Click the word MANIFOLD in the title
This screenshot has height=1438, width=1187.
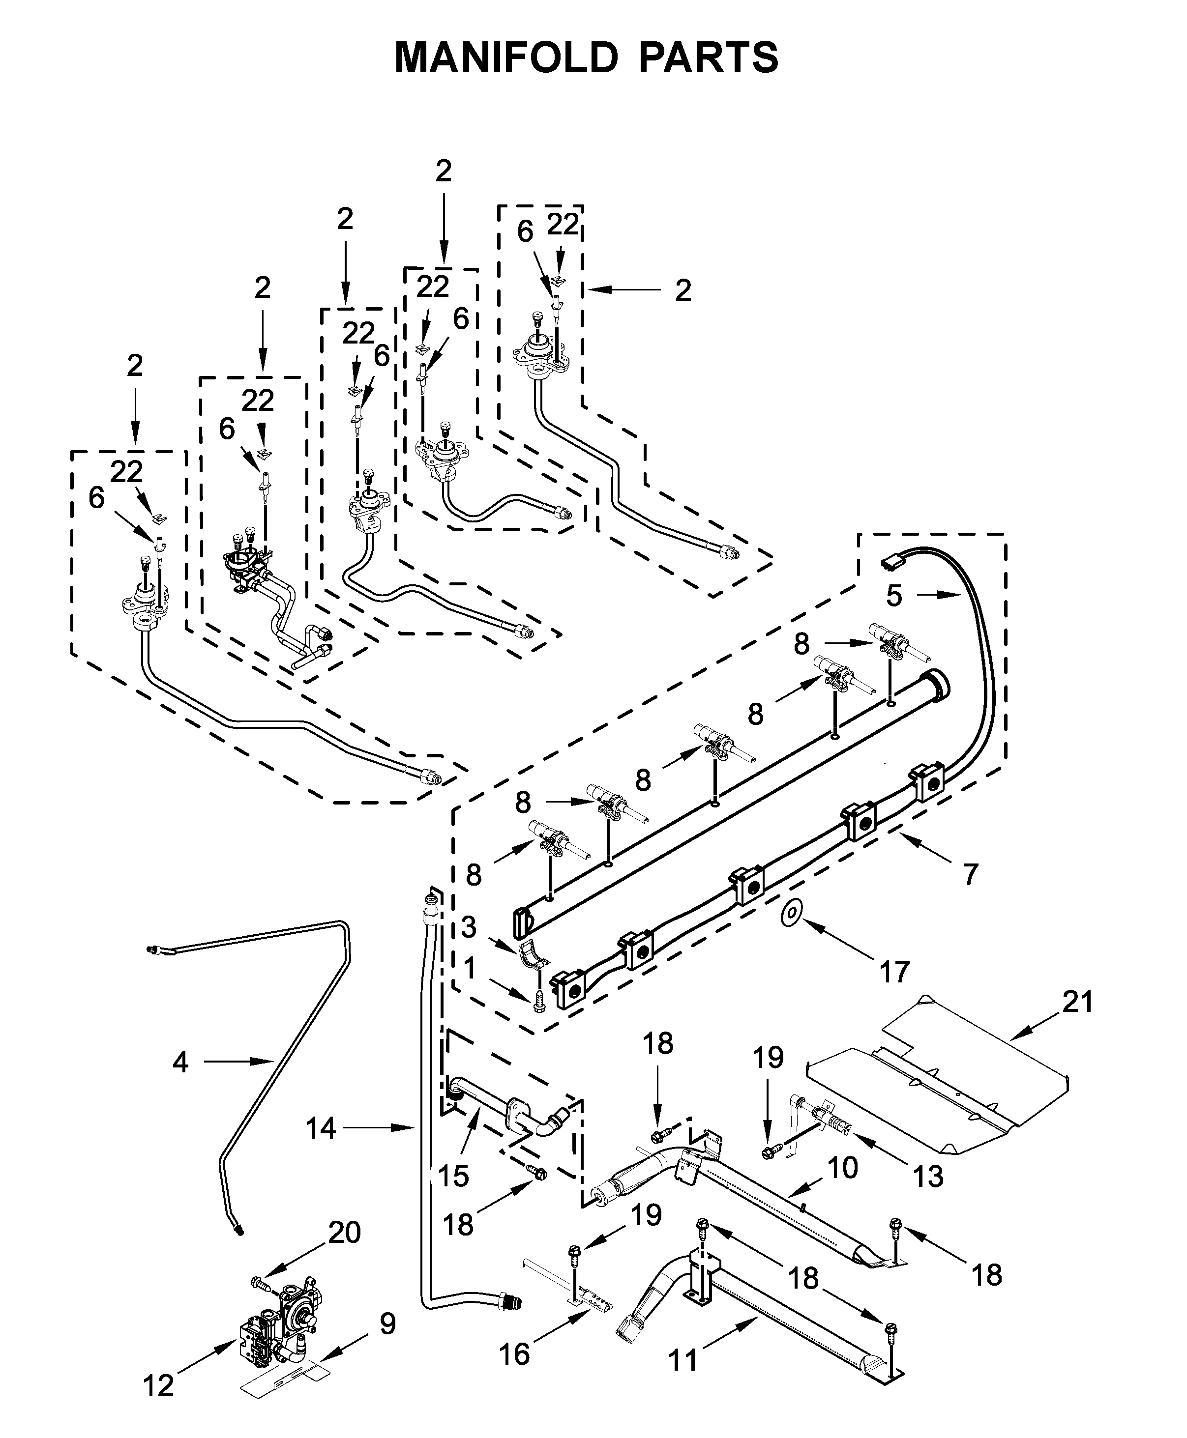pyautogui.click(x=506, y=58)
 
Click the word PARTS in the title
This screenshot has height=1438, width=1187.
pyautogui.click(x=709, y=58)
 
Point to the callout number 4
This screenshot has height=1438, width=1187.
pyautogui.click(x=180, y=1062)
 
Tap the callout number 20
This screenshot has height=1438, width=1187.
pyautogui.click(x=344, y=1232)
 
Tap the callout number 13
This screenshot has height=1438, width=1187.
pyautogui.click(x=928, y=1176)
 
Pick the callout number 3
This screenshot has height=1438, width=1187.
pyautogui.click(x=469, y=927)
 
